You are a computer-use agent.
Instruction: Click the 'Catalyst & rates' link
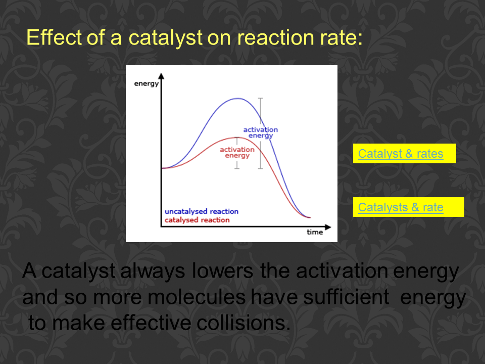coord(401,154)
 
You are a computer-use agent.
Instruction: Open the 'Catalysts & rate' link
coord(401,207)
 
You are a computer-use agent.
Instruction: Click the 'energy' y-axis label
coord(147,84)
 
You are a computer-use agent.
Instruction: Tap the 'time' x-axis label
coord(315,232)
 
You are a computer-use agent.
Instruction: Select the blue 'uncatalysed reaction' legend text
coord(202,211)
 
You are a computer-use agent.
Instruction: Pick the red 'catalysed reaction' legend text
coord(197,220)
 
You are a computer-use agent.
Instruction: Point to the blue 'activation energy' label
coord(261,132)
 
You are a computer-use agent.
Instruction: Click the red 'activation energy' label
coord(237,152)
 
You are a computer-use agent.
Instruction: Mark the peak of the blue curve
coord(237,99)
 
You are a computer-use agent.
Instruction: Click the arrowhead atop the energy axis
coord(161,76)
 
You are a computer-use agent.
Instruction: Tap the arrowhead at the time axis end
coord(328,227)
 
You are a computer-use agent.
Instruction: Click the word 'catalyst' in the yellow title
coord(165,38)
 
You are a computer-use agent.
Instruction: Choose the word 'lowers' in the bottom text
coord(223,271)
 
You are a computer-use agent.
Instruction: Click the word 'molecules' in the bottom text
coord(197,297)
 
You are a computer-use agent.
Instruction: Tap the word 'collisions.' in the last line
coord(244,323)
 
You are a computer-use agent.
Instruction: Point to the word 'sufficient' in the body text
coord(346,297)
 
